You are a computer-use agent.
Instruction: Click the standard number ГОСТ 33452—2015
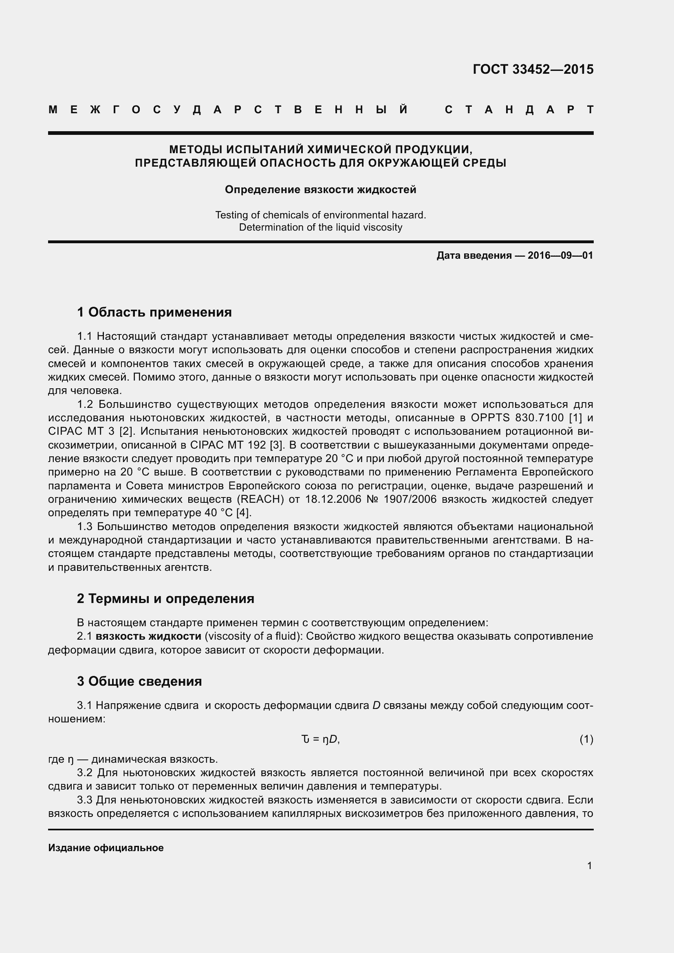click(x=533, y=69)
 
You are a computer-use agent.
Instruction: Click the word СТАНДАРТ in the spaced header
click(x=519, y=110)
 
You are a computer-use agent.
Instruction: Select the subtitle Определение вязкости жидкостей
click(x=320, y=190)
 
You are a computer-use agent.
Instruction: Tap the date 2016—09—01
click(x=560, y=256)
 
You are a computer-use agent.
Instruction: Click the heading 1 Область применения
click(x=154, y=312)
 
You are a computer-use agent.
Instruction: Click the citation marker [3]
click(x=276, y=445)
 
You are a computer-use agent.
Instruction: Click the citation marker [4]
click(x=244, y=513)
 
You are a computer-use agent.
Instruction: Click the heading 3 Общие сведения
click(x=139, y=681)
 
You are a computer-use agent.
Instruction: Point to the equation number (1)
click(x=586, y=739)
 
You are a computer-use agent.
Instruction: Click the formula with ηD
click(x=320, y=739)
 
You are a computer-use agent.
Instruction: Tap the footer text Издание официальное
click(x=106, y=848)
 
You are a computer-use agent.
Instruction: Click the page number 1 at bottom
click(x=589, y=866)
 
